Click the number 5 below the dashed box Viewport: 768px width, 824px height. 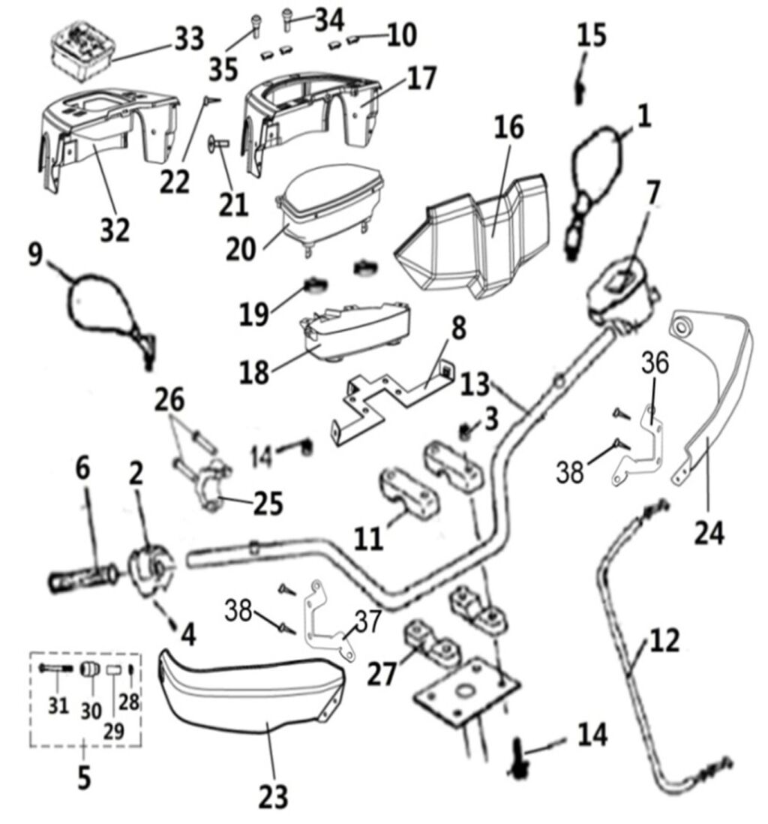click(x=83, y=776)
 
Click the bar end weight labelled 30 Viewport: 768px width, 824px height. click(x=91, y=669)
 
